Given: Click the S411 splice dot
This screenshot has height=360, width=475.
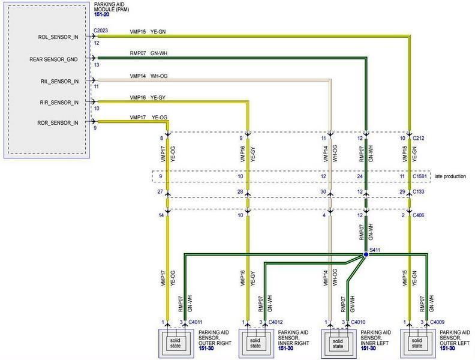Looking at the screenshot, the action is (366, 254).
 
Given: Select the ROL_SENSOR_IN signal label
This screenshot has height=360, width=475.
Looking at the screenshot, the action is (58, 37).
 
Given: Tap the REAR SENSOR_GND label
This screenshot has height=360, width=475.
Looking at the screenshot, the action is (53, 59).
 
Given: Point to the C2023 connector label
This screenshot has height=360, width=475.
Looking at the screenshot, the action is (101, 31).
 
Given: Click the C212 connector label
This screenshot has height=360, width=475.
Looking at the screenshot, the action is (419, 138).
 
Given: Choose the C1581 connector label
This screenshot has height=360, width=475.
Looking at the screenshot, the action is (420, 176).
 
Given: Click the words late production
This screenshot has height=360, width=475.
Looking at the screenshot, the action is (450, 176).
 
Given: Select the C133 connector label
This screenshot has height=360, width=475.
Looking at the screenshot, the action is (419, 191).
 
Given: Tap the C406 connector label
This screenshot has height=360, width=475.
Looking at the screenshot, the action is (419, 215).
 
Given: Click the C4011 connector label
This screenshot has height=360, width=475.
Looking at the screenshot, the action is (196, 322).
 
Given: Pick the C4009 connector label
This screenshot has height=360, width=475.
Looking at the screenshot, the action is (437, 322).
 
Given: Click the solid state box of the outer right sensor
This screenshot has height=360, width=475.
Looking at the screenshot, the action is (175, 343).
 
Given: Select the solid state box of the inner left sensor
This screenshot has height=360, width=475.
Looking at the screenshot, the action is (338, 344).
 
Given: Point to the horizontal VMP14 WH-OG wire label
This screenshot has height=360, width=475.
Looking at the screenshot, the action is (149, 76).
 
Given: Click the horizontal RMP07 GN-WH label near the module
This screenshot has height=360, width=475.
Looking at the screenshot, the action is (149, 53).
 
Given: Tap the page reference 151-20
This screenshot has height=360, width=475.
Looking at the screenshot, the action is (102, 14).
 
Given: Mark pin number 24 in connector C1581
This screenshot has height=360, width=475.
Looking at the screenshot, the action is (360, 176).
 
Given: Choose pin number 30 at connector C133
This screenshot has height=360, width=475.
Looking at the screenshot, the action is (323, 191).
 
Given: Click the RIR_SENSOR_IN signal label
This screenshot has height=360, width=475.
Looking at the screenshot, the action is (59, 103).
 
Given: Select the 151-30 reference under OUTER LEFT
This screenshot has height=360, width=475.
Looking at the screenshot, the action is (447, 349).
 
